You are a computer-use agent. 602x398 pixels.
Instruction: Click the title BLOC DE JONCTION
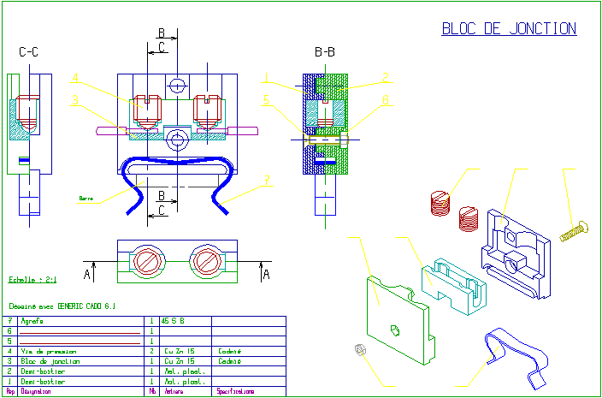click(509, 29)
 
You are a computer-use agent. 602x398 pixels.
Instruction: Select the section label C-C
click(28, 53)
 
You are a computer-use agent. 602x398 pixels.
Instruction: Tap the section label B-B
click(325, 53)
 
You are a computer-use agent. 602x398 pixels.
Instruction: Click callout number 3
click(75, 100)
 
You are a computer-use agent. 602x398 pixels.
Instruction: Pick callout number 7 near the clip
click(268, 180)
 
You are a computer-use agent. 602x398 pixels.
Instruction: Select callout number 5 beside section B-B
click(266, 100)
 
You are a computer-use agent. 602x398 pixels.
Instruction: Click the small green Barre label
click(86, 198)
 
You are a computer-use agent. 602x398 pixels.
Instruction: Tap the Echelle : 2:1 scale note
click(32, 279)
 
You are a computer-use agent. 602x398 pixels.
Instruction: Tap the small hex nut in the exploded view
click(359, 348)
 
